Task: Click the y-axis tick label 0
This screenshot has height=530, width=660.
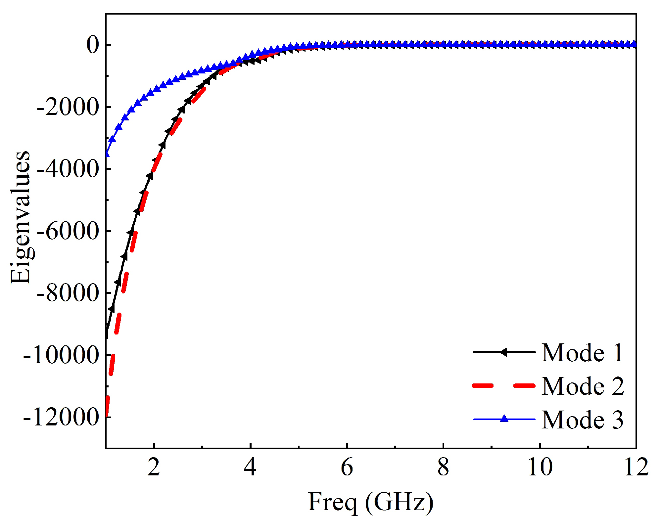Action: coord(93,45)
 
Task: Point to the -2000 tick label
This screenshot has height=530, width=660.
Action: coord(68,107)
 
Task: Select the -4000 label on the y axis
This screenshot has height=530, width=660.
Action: coord(68,169)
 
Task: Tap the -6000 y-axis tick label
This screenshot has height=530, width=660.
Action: coord(68,231)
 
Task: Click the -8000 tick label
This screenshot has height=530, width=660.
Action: coord(68,293)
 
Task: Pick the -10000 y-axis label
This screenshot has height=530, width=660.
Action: coord(61,355)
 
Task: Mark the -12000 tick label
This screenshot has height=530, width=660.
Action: coord(61,417)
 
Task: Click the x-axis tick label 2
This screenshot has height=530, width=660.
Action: coord(154,467)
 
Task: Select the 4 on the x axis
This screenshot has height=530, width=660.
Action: coord(250,467)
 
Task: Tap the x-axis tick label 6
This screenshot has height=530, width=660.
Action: coord(347,467)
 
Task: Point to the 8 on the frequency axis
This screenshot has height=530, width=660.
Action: coord(443,467)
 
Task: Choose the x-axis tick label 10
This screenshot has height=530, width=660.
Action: coord(540,467)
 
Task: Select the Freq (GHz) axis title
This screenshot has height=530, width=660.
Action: coord(370,503)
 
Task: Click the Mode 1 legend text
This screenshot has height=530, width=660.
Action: coord(582,353)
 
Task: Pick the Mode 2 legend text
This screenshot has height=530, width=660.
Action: coord(582,386)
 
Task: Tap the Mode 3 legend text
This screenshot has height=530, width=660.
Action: coord(582,420)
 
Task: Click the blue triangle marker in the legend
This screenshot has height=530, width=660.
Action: coord(504,419)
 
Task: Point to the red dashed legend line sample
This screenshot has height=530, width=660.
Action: coord(504,386)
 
